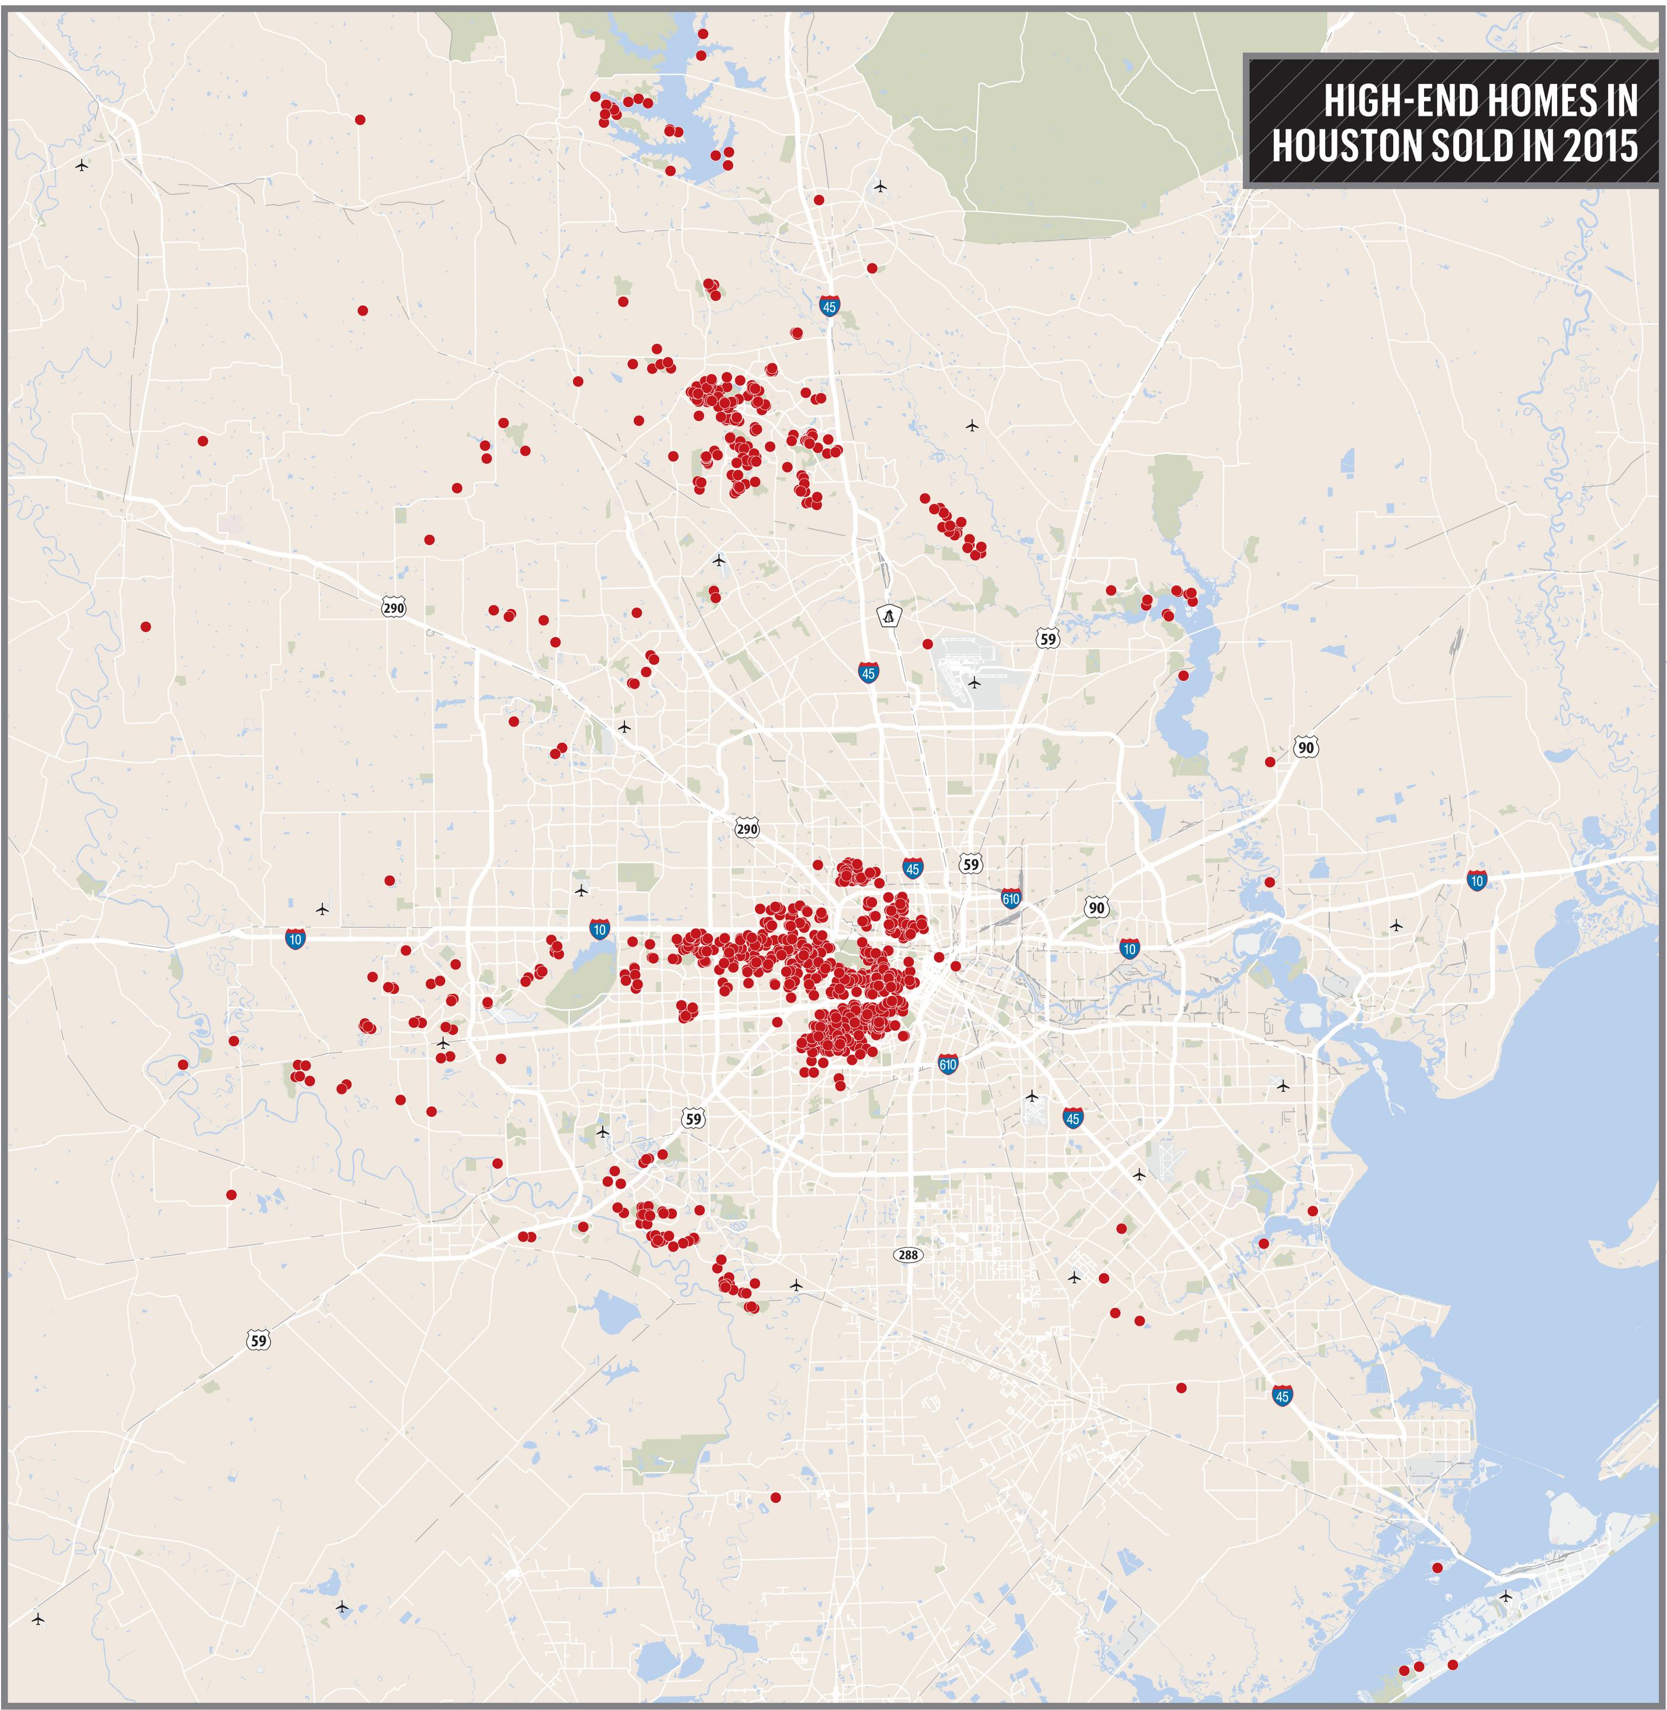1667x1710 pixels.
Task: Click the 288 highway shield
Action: tap(908, 1255)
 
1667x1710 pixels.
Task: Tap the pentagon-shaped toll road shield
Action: tap(889, 616)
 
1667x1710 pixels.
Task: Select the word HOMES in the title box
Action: tap(1541, 102)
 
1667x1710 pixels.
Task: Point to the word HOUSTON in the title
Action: tap(1348, 145)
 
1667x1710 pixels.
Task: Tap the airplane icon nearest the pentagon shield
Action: tap(974, 682)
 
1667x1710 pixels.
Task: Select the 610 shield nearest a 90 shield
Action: tap(1010, 898)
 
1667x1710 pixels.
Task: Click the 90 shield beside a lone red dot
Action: tap(1305, 747)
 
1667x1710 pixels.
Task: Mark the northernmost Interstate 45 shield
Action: tap(829, 306)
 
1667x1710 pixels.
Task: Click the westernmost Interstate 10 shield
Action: tap(295, 939)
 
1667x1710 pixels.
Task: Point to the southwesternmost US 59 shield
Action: tap(258, 1339)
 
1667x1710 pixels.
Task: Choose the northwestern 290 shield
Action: tap(394, 607)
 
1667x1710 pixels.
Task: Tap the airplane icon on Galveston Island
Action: tap(1505, 1595)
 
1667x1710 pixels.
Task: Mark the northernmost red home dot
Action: tap(702, 33)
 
